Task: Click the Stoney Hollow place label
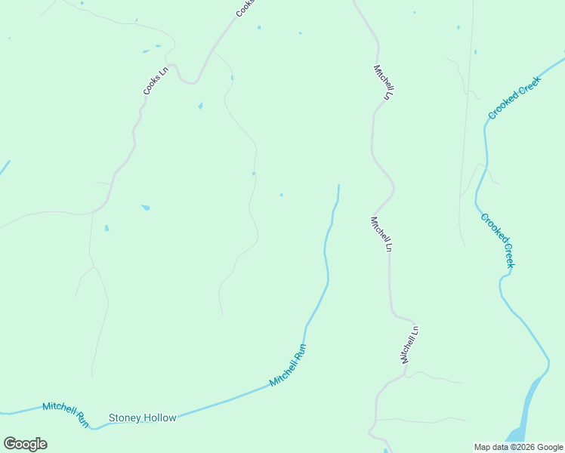click(x=143, y=418)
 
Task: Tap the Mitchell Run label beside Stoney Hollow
click(x=65, y=412)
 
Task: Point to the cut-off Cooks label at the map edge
click(x=244, y=8)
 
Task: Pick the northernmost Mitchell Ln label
click(x=384, y=82)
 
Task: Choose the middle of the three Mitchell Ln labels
click(x=381, y=234)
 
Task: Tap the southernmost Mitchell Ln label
click(x=409, y=344)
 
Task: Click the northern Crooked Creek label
click(x=516, y=98)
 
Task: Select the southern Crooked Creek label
click(x=498, y=240)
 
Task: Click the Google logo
click(x=26, y=444)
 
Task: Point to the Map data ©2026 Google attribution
click(x=519, y=447)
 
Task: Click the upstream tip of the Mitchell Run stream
click(x=338, y=186)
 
